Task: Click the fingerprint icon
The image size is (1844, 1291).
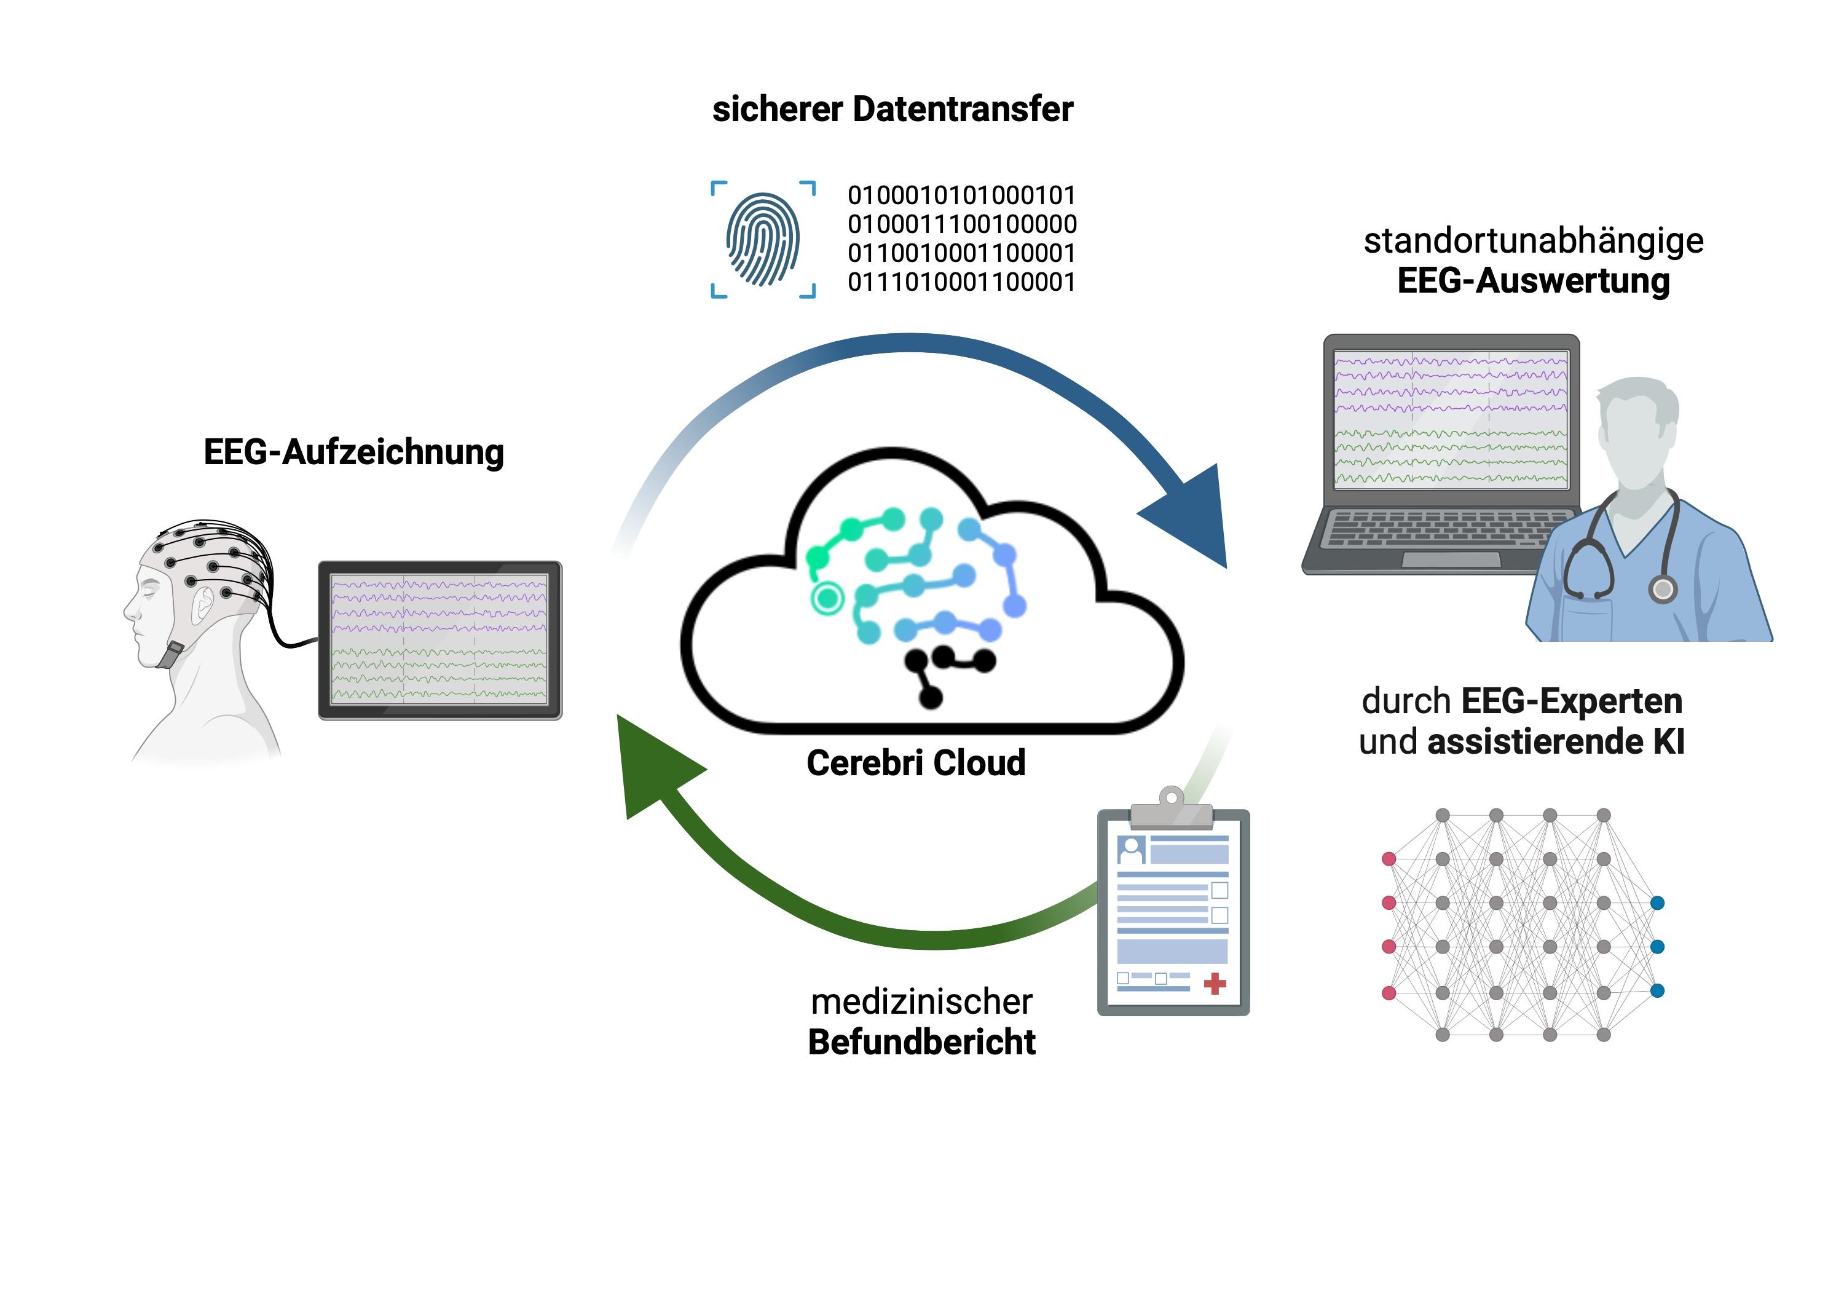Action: pyautogui.click(x=763, y=239)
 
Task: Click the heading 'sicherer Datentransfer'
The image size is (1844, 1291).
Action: pyautogui.click(x=892, y=109)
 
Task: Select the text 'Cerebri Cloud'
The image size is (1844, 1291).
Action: pyautogui.click(x=916, y=762)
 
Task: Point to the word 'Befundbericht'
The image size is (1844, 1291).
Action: pyautogui.click(x=921, y=1042)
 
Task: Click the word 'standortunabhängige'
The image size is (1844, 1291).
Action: pyautogui.click(x=1533, y=240)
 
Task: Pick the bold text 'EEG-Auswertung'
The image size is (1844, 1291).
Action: pyautogui.click(x=1533, y=281)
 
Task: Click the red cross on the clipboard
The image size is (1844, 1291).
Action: pyautogui.click(x=1215, y=984)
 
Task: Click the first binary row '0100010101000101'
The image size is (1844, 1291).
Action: pyautogui.click(x=961, y=195)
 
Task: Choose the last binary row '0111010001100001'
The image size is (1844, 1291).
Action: pyautogui.click(x=961, y=282)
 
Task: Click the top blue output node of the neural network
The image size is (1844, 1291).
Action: pyautogui.click(x=1657, y=903)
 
